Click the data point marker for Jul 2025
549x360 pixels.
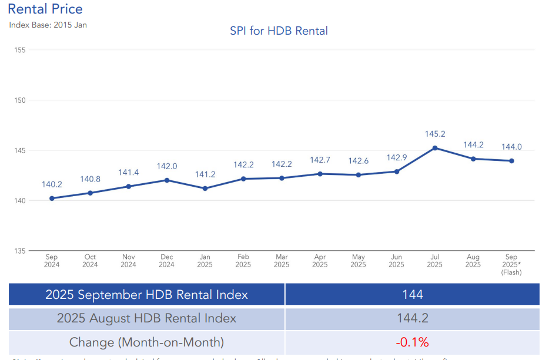coord(434,148)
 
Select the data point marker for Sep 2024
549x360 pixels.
coord(52,198)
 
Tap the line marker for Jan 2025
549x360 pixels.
coord(205,189)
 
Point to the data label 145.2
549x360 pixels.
coord(435,134)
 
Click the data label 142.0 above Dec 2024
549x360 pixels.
coord(167,167)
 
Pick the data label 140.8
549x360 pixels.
coord(90,179)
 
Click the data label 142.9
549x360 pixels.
coord(397,158)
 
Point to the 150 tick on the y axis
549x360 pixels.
coord(19,100)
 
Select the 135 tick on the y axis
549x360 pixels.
coord(19,251)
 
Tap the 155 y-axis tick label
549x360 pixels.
coord(19,51)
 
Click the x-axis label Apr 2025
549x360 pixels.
coord(320,261)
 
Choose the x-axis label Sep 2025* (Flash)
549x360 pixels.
coord(511,264)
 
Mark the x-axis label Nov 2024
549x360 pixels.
coord(128,261)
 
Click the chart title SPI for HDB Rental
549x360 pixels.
coord(279,31)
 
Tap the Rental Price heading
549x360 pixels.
coord(45,9)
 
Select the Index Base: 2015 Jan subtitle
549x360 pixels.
coord(48,25)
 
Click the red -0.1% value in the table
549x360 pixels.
coord(412,342)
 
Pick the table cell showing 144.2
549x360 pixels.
coord(412,318)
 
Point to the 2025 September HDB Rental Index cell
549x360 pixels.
coord(146,294)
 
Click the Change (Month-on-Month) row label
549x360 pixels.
coord(146,342)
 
